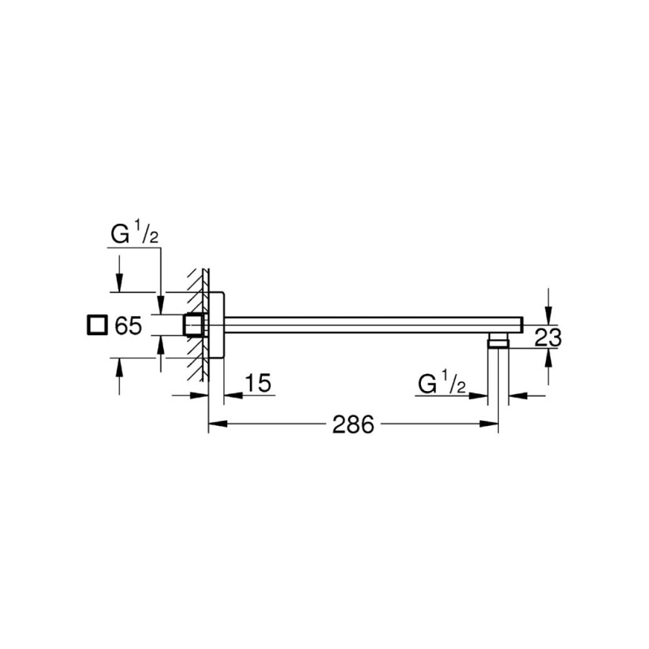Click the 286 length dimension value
[353, 424]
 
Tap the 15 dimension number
[257, 383]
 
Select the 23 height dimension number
[548, 337]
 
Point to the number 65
[128, 325]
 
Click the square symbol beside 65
[97, 325]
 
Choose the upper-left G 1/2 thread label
[135, 234]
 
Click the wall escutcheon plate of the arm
[217, 325]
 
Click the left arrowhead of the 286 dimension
[217, 423]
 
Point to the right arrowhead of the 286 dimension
[488, 423]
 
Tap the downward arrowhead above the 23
[548, 316]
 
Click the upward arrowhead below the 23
[548, 358]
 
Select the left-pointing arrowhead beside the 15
[234, 395]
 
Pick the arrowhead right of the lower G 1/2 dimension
[518, 396]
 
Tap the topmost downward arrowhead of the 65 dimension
[119, 283]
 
